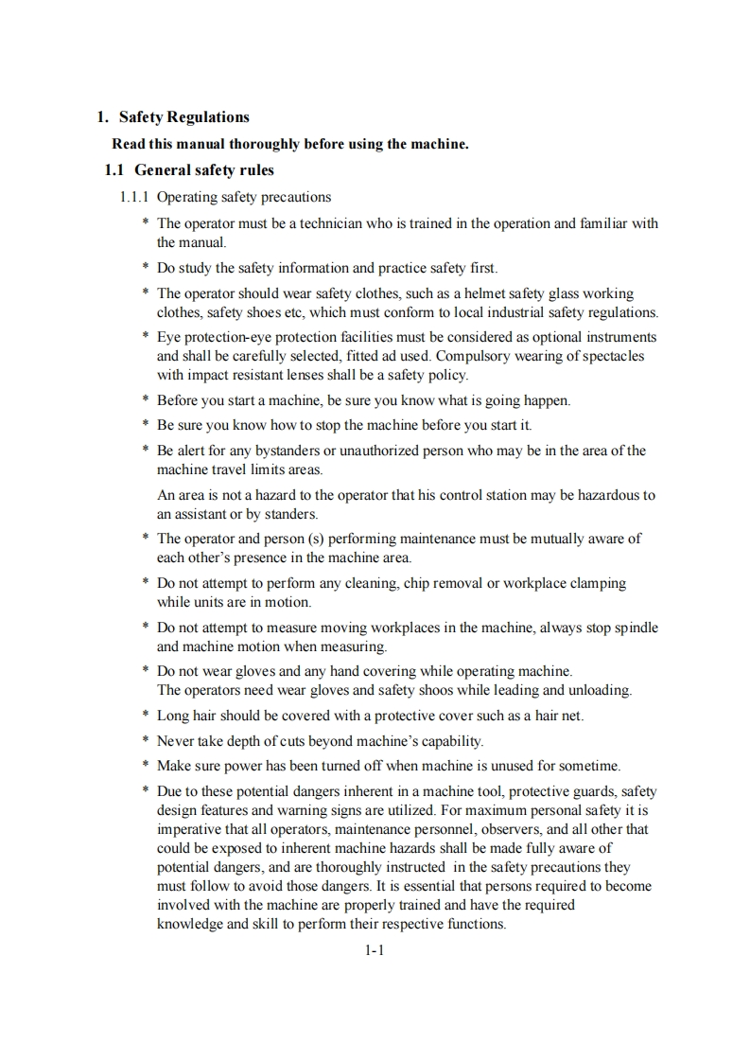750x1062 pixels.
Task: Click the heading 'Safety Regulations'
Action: [x=184, y=117]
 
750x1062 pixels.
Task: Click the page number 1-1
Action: [x=374, y=951]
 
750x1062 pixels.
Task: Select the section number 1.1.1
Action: [x=134, y=198]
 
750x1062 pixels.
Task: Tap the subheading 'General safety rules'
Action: [x=204, y=171]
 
